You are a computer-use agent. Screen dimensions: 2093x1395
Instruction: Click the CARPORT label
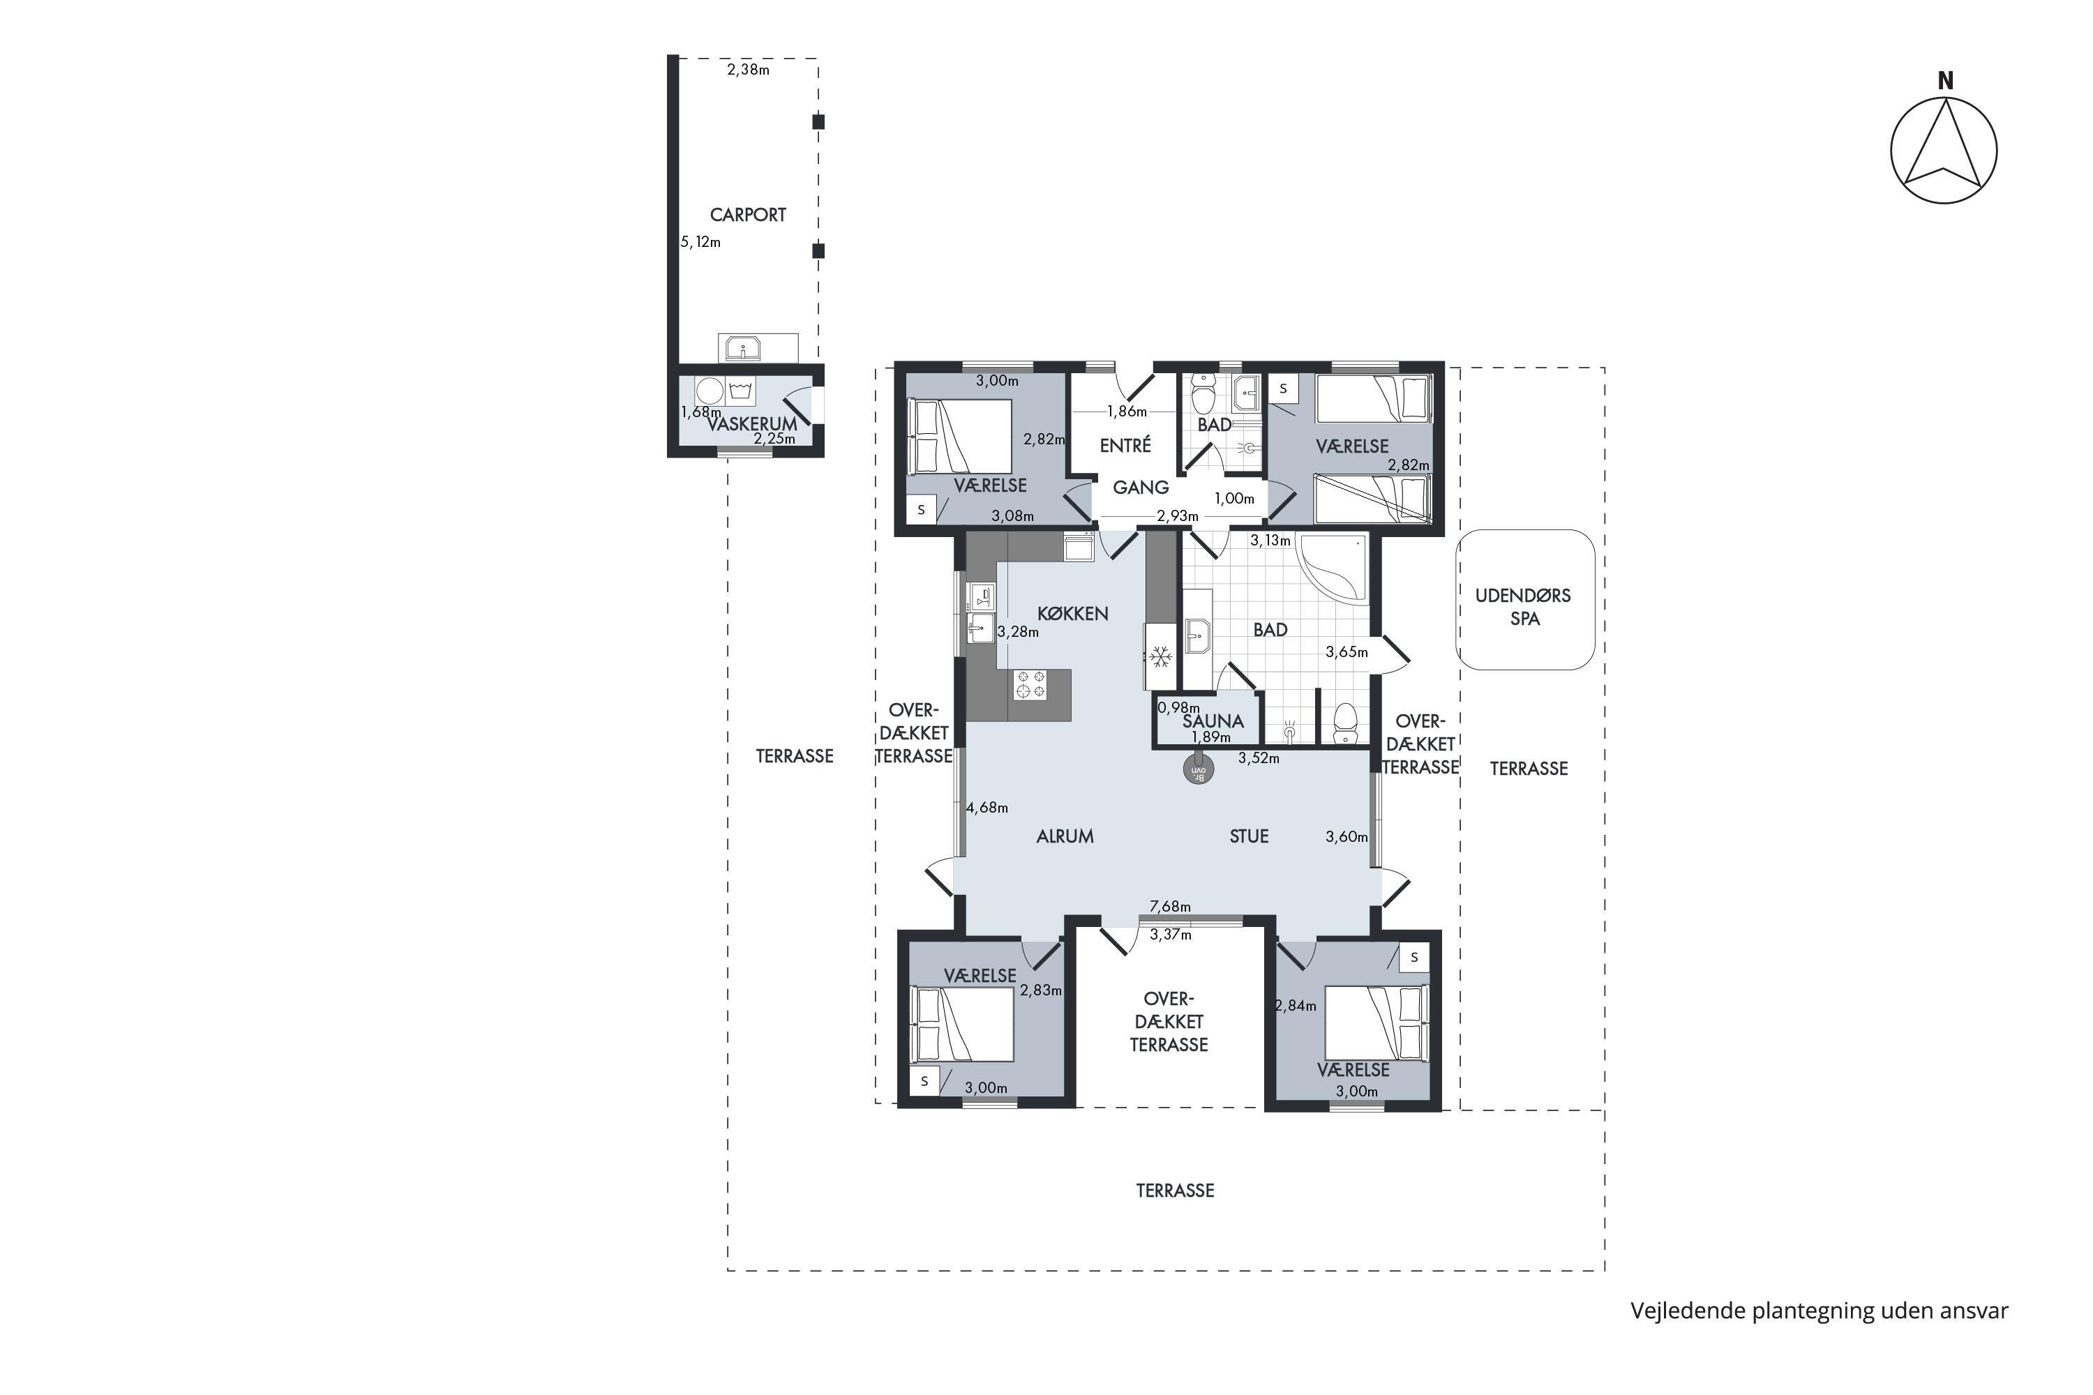click(x=747, y=214)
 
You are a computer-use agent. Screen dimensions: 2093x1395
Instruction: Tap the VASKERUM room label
click(x=752, y=423)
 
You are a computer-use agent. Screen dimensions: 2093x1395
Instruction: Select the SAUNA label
click(x=1213, y=721)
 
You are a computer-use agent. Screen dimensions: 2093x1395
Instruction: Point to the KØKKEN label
click(x=1072, y=613)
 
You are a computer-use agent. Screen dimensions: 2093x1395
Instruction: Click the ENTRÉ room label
click(x=1125, y=445)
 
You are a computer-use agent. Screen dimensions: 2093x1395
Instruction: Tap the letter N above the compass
click(x=1945, y=81)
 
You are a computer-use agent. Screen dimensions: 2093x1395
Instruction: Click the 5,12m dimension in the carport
click(x=700, y=242)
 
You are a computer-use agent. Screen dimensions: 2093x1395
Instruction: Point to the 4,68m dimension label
click(x=987, y=808)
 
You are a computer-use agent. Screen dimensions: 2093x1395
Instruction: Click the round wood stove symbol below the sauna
click(x=1199, y=769)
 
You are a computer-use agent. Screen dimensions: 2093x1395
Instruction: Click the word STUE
click(x=1249, y=836)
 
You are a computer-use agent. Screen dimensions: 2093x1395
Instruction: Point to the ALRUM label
click(x=1065, y=836)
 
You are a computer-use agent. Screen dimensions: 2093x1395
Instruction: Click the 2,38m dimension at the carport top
click(x=749, y=69)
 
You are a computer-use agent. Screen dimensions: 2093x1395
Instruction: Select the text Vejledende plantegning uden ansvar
click(x=1819, y=1311)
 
